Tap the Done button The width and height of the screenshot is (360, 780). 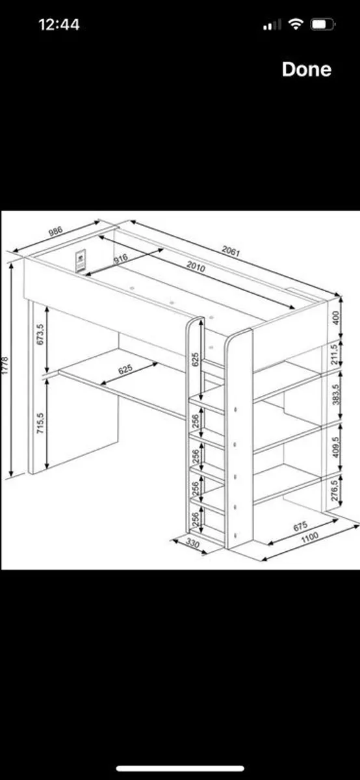[306, 70]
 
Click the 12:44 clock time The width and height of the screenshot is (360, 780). [59, 25]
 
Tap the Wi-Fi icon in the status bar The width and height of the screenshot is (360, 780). [296, 25]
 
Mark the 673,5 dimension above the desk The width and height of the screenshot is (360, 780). [40, 335]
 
